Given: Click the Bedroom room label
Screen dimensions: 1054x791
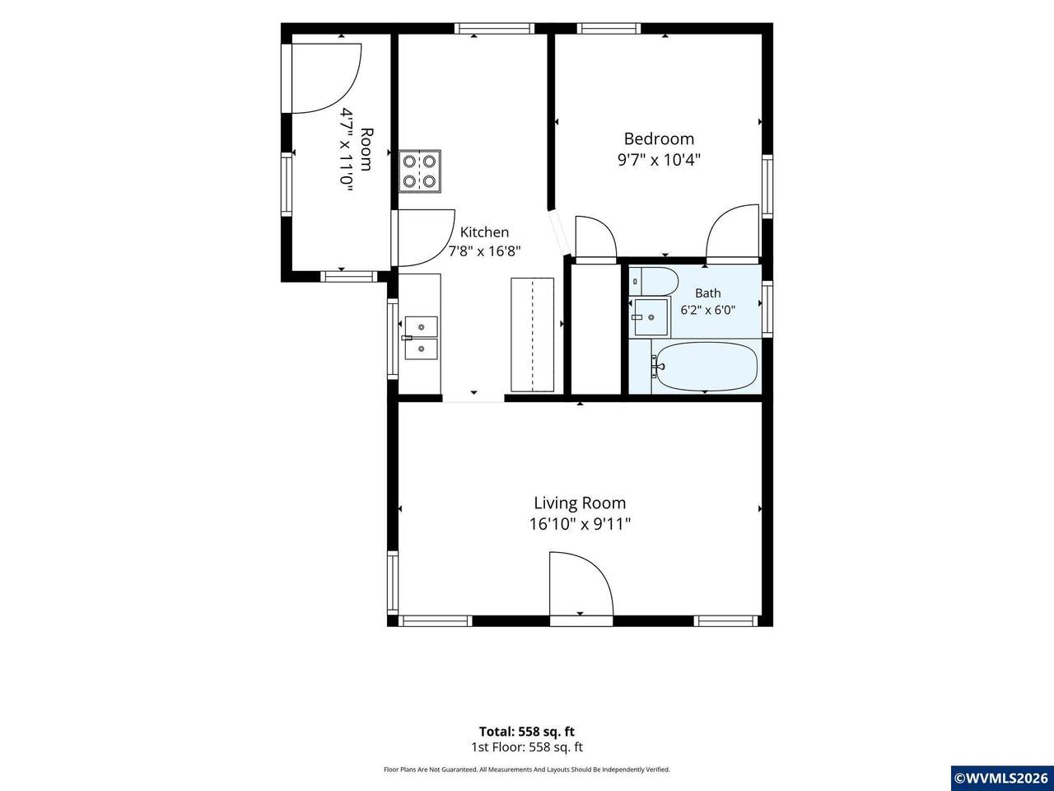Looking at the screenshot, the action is click(659, 138).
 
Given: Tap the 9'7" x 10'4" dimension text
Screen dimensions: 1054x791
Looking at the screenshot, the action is click(659, 160).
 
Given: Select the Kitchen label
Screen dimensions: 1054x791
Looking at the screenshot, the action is click(484, 232).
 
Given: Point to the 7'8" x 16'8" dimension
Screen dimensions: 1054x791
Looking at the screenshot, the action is click(484, 251).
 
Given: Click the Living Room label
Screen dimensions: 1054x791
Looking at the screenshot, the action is click(580, 503).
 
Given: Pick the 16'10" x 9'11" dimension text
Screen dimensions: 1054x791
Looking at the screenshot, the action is click(580, 524).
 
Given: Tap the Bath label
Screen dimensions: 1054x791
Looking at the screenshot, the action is click(708, 293).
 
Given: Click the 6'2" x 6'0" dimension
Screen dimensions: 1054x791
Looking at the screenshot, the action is click(708, 310).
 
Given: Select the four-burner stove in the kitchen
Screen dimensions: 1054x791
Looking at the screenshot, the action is click(420, 171).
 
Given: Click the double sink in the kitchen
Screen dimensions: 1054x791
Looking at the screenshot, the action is click(421, 338).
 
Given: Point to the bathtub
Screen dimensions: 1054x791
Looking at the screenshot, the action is click(707, 367).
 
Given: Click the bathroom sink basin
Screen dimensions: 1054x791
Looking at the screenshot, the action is click(651, 317).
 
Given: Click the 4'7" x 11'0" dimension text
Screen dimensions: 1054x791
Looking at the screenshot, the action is click(347, 151).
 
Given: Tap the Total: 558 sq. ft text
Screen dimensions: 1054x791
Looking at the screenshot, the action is click(527, 732).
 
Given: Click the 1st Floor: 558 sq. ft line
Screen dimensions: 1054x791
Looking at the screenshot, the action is click(527, 747).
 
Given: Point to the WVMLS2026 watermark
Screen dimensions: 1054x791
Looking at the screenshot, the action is click(1003, 778).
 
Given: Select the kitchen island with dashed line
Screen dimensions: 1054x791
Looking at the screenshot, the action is click(532, 335).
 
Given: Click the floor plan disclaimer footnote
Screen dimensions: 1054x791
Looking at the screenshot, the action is click(527, 770).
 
